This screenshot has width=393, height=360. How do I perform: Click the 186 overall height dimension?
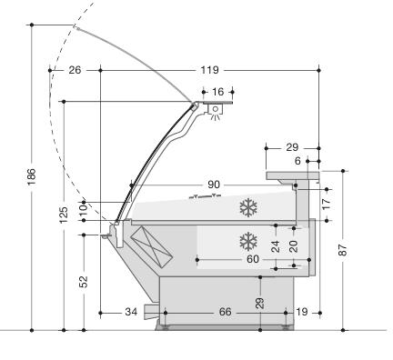(32, 176)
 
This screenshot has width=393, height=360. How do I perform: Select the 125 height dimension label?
(64, 215)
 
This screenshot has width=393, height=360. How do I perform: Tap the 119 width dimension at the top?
(209, 70)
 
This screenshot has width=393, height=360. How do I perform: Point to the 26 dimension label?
(75, 70)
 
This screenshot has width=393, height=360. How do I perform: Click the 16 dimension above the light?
(217, 92)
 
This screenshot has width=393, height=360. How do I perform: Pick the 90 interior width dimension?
(214, 185)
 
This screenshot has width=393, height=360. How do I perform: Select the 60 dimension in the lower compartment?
(253, 259)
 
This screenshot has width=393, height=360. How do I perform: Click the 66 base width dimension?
(225, 312)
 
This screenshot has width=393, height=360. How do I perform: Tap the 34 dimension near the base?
(131, 312)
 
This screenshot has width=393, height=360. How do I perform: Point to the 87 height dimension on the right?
(343, 250)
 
